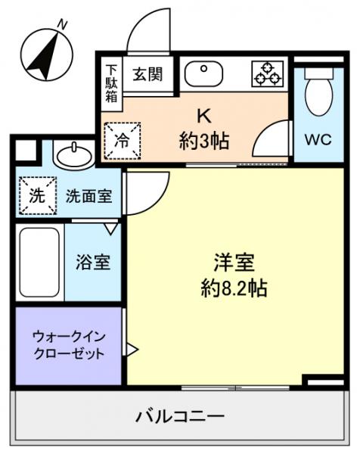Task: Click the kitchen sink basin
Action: tap(203, 74)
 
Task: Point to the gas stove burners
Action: tap(265, 73)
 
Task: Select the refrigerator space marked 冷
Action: tap(121, 141)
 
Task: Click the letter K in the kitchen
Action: tap(203, 116)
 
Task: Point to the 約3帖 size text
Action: tap(204, 140)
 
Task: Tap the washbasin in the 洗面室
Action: tap(73, 156)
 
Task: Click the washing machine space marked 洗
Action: tap(36, 196)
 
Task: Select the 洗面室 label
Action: tap(88, 196)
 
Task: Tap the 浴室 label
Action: tap(94, 263)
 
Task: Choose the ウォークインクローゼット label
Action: tap(68, 345)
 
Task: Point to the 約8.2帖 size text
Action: tap(234, 288)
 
